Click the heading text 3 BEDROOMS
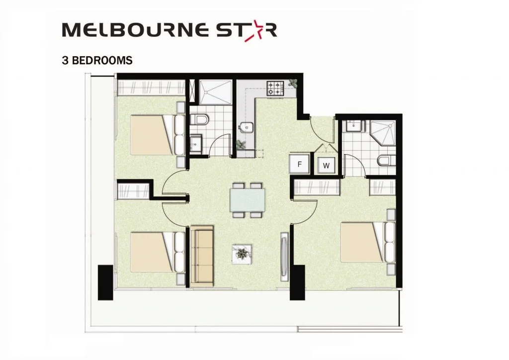coord(97,61)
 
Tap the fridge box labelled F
coord(300,163)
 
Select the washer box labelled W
coord(327,166)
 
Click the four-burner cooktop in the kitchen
coord(275,89)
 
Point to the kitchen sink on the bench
coord(245,128)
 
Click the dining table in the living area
coord(248,200)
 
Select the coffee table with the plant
coord(242,254)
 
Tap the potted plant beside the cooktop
coord(293,84)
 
